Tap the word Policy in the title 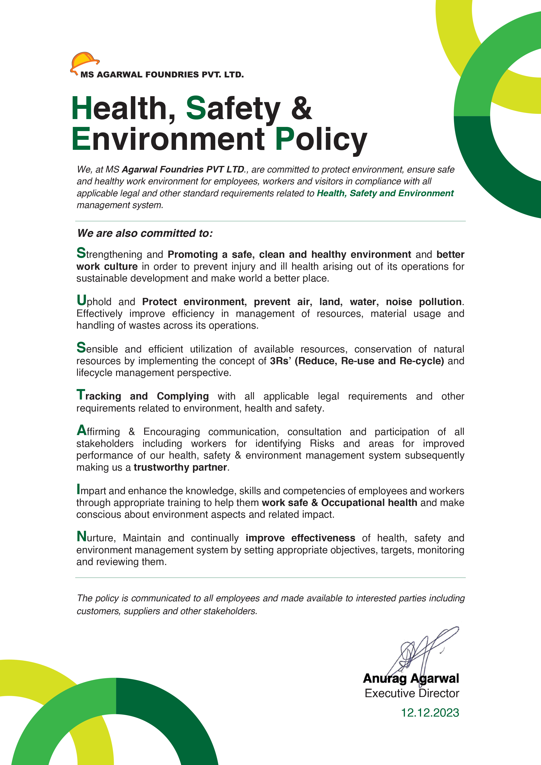tap(321, 139)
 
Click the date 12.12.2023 tap(430, 713)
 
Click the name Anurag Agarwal tap(411, 679)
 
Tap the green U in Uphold tap(81, 301)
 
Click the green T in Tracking tap(81, 395)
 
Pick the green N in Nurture tap(81, 537)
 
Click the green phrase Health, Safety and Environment tap(385, 193)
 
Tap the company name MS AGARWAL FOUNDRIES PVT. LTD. tap(162, 75)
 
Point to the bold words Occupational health tap(369, 503)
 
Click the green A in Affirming tap(81, 430)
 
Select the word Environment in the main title tap(168, 139)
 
